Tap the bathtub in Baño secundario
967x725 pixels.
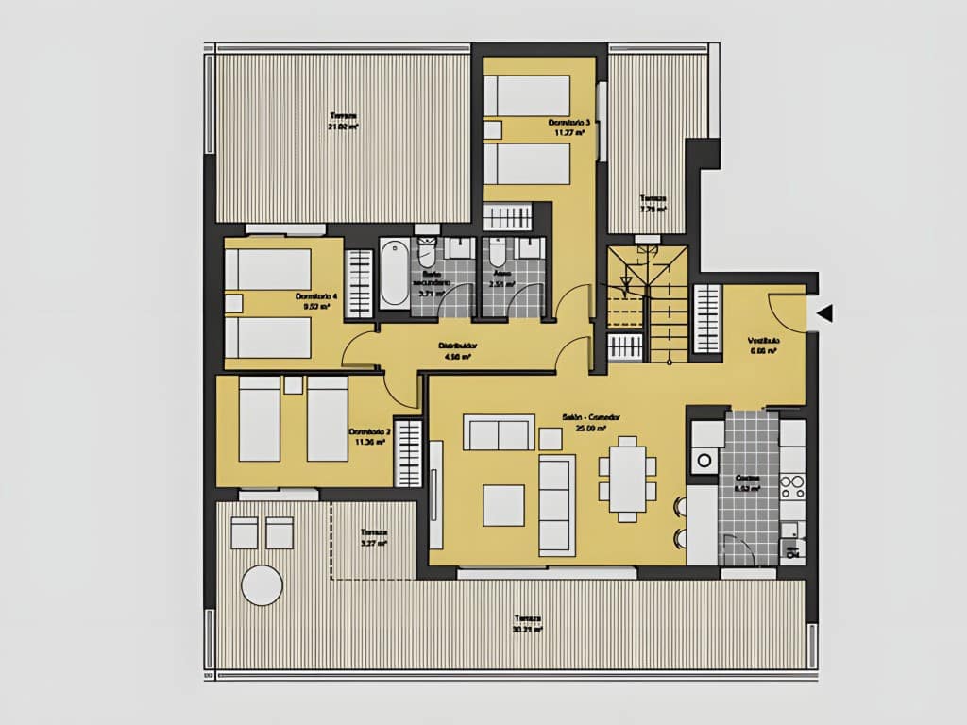394,273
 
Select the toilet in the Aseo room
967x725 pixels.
496,253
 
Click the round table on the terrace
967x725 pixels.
262,585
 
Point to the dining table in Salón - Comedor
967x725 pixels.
627,478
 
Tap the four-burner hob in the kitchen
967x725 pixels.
791,486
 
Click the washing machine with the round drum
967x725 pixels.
704,461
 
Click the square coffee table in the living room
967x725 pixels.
503,505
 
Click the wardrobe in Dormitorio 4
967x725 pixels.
359,282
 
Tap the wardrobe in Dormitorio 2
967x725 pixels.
408,453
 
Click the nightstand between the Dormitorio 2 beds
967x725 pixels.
293,385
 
